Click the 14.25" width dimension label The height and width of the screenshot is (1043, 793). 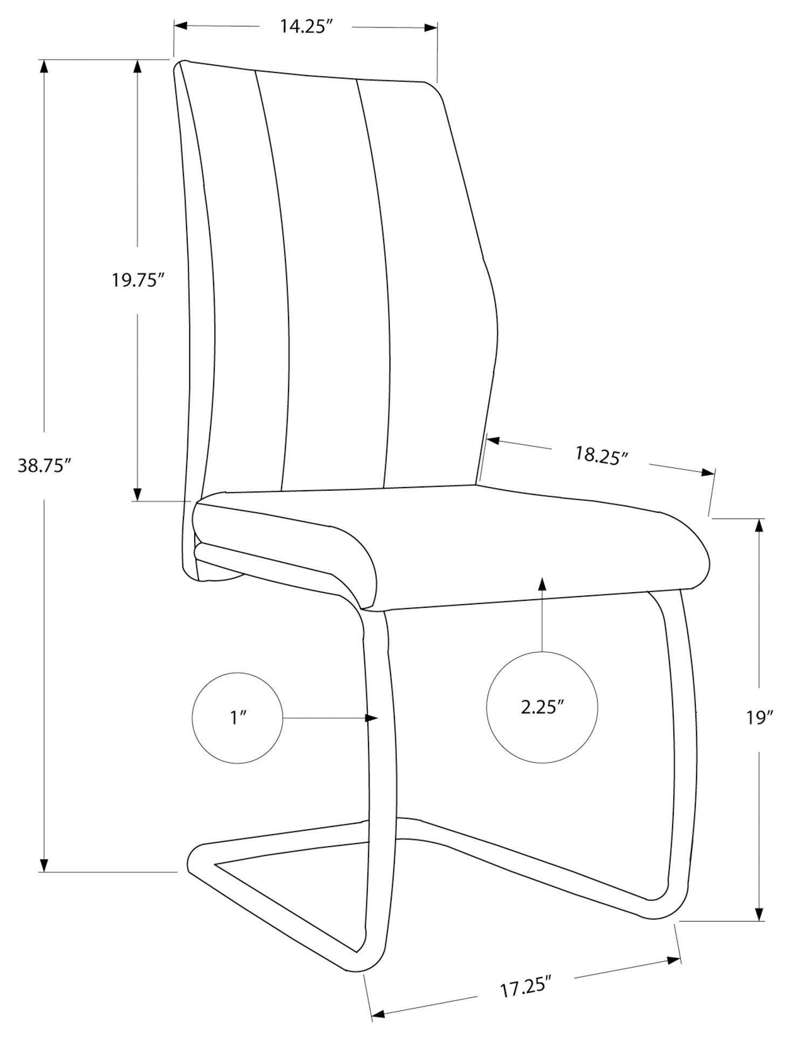305,26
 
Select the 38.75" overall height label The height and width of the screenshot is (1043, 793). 45,465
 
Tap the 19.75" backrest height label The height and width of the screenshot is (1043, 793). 138,280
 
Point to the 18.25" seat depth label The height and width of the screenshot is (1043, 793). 601,455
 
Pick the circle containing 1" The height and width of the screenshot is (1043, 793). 237,718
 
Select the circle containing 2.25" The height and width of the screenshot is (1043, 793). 542,707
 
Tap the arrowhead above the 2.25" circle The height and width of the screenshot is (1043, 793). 542,584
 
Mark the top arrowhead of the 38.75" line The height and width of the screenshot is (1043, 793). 44,66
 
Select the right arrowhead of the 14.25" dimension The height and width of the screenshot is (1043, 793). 430,28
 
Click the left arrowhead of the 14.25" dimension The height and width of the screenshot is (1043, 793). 180,25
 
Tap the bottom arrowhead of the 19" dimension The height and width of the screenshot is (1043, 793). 760,913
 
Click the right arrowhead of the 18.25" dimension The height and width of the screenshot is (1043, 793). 708,472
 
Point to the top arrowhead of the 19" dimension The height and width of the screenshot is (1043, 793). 760,526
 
